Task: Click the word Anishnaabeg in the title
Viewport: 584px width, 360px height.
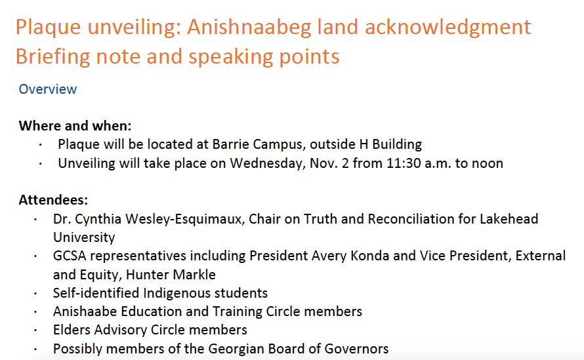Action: click(x=249, y=28)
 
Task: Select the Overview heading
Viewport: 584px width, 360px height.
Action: click(x=48, y=89)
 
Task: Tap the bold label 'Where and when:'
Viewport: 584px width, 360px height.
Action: click(x=75, y=126)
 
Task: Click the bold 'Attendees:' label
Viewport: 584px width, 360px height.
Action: click(x=53, y=200)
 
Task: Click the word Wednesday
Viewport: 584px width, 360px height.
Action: click(x=266, y=164)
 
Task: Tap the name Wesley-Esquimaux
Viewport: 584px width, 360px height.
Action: click(x=185, y=219)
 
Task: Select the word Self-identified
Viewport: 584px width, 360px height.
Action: click(x=96, y=293)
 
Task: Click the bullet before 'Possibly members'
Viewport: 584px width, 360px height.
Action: click(x=35, y=350)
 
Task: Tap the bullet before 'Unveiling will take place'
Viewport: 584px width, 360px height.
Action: click(x=40, y=163)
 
